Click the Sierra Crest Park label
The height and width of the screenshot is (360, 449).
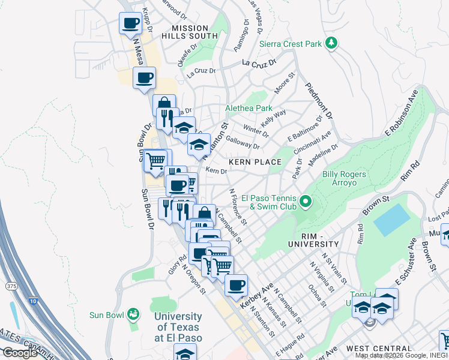tap(290, 44)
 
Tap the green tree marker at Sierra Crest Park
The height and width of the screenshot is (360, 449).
tap(330, 43)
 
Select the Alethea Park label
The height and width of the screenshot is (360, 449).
tap(249, 108)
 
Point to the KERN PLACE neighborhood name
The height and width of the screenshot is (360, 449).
tap(255, 162)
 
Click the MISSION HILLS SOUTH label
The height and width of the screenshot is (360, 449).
tap(190, 32)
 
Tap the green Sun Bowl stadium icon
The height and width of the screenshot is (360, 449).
tap(133, 314)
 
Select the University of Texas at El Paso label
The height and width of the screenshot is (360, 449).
tap(178, 327)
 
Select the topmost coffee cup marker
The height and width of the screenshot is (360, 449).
tap(131, 23)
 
